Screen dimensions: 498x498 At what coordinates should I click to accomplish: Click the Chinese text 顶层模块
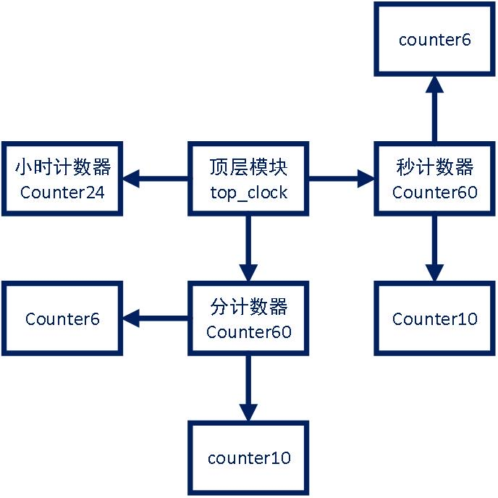point(248,168)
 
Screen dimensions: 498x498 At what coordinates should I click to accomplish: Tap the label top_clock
point(248,193)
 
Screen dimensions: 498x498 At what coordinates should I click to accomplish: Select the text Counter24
point(62,193)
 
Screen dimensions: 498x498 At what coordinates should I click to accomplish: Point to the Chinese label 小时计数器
point(62,168)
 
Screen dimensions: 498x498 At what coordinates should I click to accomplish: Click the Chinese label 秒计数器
point(434,168)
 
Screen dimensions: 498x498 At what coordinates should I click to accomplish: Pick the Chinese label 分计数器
point(248,308)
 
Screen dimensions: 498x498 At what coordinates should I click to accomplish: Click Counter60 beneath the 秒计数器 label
point(434,193)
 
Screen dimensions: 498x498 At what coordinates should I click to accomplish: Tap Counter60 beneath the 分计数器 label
point(248,332)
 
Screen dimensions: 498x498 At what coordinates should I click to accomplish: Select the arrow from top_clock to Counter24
point(156,177)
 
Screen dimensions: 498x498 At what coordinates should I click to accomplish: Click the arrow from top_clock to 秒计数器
point(340,177)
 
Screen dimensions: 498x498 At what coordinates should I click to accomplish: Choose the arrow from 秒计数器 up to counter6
point(434,109)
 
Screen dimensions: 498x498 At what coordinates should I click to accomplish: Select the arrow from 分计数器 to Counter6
point(156,317)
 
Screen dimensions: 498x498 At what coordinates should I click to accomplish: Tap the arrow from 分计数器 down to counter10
point(248,387)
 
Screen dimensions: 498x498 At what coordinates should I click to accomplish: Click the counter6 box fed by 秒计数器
point(434,39)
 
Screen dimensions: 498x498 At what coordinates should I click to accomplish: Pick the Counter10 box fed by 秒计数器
point(434,318)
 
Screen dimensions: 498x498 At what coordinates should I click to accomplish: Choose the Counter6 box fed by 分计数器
point(62,318)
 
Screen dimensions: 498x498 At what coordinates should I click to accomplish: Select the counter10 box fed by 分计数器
point(248,457)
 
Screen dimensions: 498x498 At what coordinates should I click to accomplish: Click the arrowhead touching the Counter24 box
point(130,177)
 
